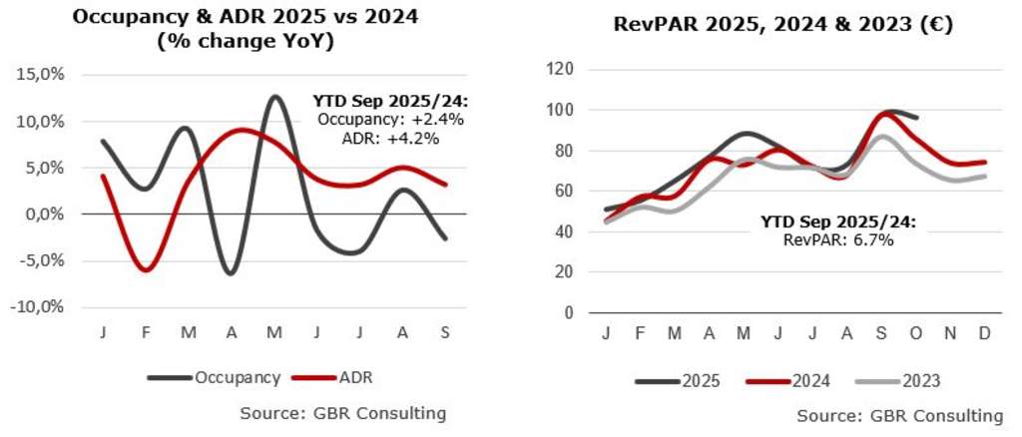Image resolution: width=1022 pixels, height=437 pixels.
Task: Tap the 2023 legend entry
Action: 919,381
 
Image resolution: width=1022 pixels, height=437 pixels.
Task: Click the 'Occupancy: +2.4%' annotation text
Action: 377,120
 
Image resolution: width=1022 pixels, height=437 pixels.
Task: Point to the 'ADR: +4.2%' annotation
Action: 388,138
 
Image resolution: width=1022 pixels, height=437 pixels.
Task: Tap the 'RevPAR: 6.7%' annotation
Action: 834,238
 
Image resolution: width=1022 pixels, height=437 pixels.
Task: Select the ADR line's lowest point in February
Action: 147,269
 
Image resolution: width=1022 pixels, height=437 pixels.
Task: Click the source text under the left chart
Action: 342,412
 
